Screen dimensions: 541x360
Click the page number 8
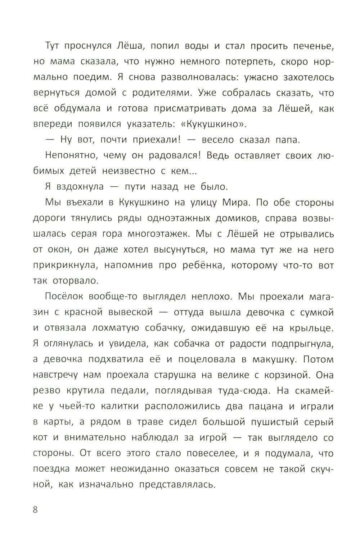coord(35,510)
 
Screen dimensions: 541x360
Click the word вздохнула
coord(80,187)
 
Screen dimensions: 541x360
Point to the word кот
coord(39,438)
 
